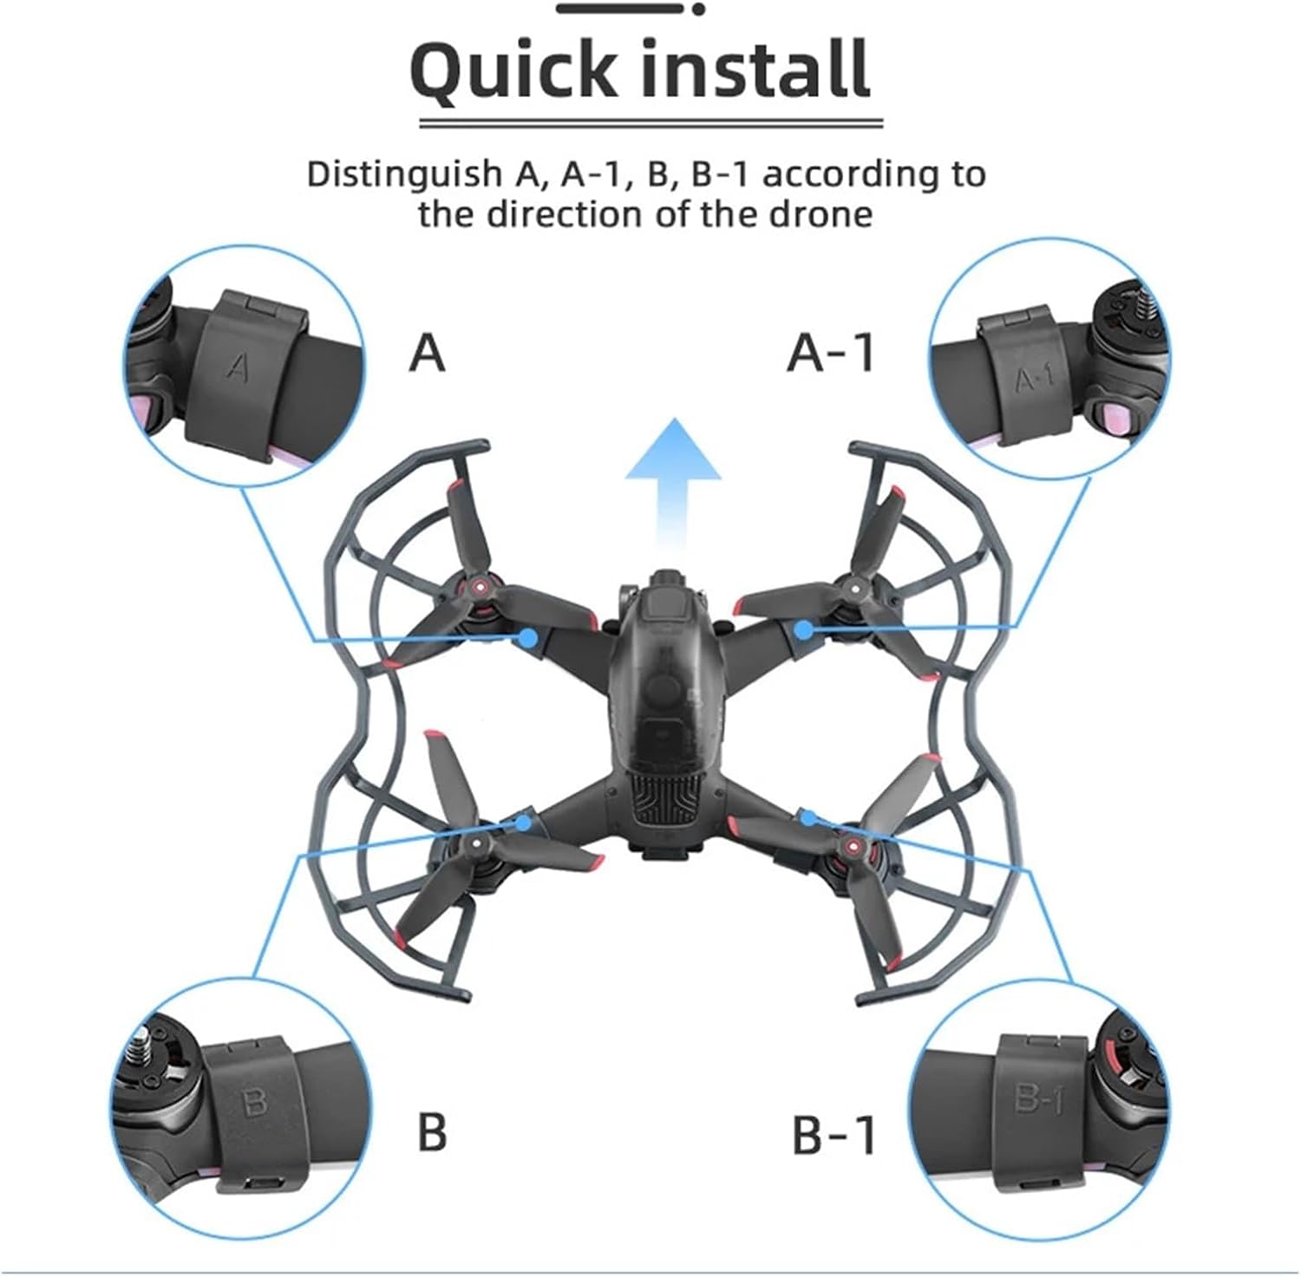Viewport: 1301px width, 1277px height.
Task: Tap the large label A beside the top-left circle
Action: tap(427, 353)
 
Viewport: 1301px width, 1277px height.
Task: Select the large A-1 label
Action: tap(830, 353)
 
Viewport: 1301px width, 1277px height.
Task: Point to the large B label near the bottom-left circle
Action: tap(431, 1131)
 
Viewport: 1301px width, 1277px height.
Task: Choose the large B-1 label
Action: tap(834, 1134)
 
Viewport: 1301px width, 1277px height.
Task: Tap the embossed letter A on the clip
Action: tap(237, 367)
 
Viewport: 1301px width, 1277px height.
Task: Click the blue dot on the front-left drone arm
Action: tap(528, 639)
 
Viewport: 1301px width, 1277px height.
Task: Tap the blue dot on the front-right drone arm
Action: tap(804, 629)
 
